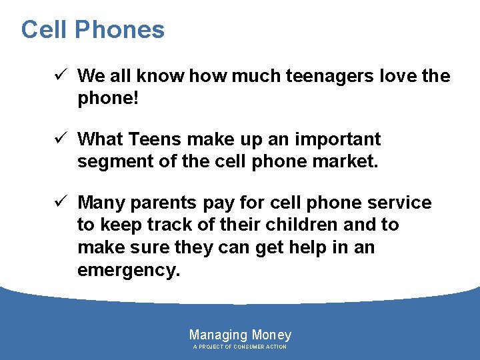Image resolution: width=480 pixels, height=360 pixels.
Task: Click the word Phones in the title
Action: click(119, 30)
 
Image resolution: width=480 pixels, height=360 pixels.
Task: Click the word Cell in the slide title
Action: click(44, 30)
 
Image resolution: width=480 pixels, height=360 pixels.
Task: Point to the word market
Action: click(345, 161)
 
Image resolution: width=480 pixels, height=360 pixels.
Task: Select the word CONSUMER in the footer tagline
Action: click(248, 347)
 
